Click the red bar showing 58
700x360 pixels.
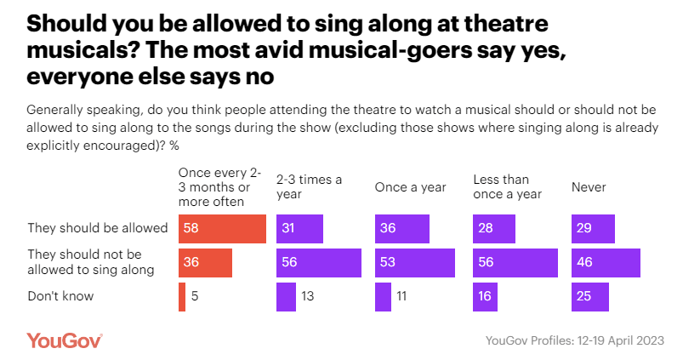pyautogui.click(x=222, y=229)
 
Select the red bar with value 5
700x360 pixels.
pyautogui.click(x=182, y=297)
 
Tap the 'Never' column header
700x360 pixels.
pyautogui.click(x=588, y=186)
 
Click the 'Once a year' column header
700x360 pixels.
pyautogui.click(x=410, y=186)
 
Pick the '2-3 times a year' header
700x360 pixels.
pyautogui.click(x=309, y=186)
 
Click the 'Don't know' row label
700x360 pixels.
pyautogui.click(x=60, y=297)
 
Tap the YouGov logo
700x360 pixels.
pyautogui.click(x=65, y=340)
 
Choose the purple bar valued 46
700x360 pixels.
pyautogui.click(x=606, y=263)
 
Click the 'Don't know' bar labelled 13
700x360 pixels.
pyautogui.click(x=286, y=297)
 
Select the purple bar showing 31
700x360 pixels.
pyautogui.click(x=299, y=229)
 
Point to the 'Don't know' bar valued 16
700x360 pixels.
pyautogui.click(x=485, y=297)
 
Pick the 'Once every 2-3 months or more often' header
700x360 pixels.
pyautogui.click(x=212, y=186)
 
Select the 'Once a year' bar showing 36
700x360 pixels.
pyautogui.click(x=402, y=229)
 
